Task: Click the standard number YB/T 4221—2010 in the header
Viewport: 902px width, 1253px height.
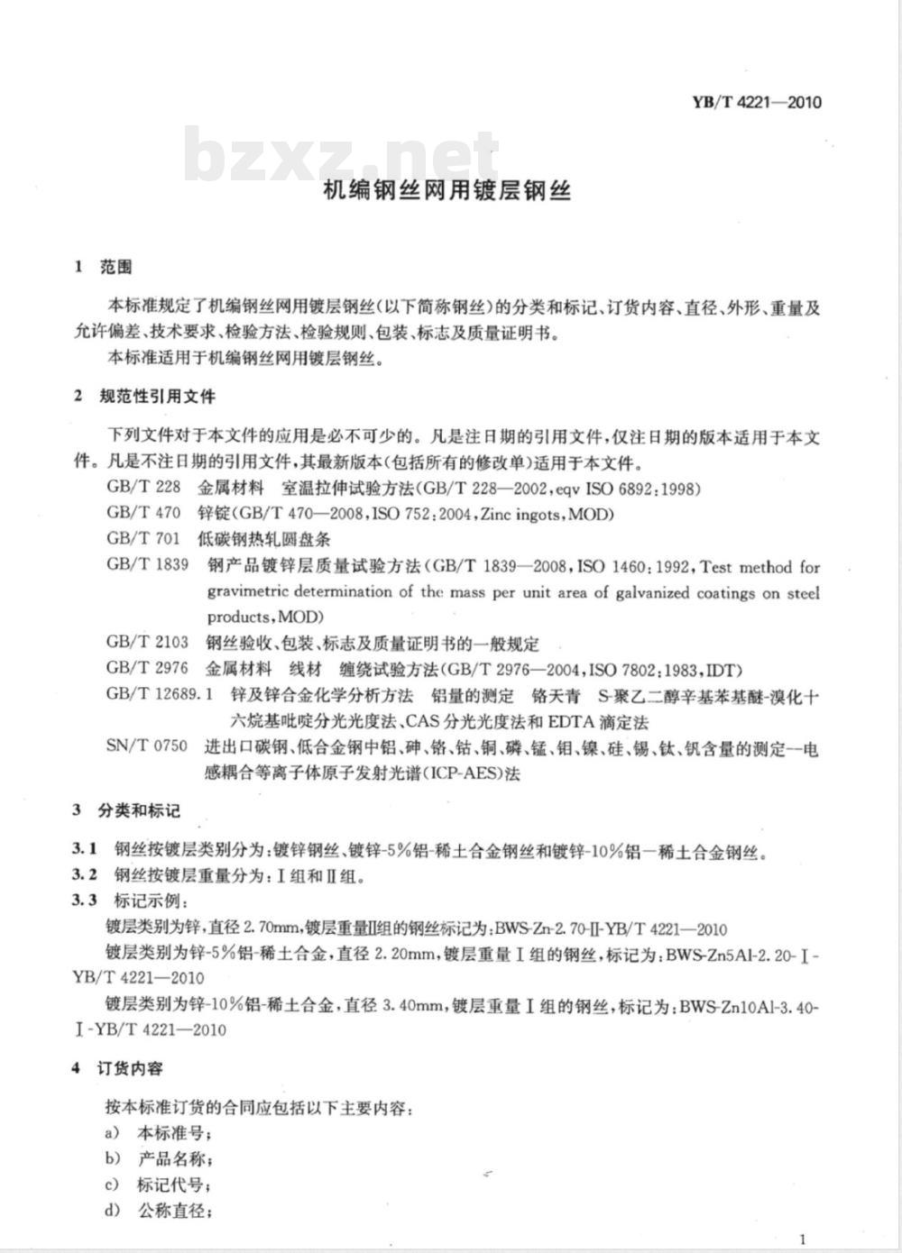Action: tap(756, 102)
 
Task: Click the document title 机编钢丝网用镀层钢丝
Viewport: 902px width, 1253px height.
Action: tap(447, 191)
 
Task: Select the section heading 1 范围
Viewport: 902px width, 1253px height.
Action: tap(103, 267)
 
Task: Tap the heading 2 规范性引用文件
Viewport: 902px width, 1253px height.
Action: tap(144, 397)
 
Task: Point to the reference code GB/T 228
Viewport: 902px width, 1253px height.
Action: tap(143, 489)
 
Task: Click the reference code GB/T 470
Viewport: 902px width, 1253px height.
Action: tap(143, 515)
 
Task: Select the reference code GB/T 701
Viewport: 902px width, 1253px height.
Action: tap(143, 541)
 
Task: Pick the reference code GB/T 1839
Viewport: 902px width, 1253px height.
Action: tap(147, 566)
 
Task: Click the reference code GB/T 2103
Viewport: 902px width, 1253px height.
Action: tap(147, 644)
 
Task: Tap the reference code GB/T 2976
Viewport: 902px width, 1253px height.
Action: tap(147, 670)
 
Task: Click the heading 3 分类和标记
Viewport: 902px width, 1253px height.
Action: tap(126, 810)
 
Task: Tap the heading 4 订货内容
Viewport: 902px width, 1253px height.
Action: tap(117, 1069)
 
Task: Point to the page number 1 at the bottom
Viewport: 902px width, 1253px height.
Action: tap(803, 1239)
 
